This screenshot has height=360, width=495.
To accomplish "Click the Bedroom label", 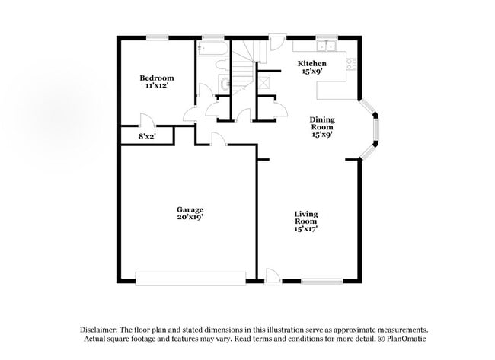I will coord(156,78).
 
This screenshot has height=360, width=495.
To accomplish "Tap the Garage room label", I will coord(190,209).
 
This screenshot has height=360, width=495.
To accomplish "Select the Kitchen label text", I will coord(311,63).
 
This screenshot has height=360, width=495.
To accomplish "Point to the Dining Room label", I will coord(322,123).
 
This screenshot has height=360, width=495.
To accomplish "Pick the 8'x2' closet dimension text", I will coord(146,136).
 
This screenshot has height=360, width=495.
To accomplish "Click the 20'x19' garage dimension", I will coord(190,217).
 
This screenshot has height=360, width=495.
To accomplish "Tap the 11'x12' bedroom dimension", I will coord(156,87).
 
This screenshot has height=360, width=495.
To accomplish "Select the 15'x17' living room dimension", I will coord(306,228).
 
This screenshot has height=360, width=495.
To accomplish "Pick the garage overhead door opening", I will coord(190,276).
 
